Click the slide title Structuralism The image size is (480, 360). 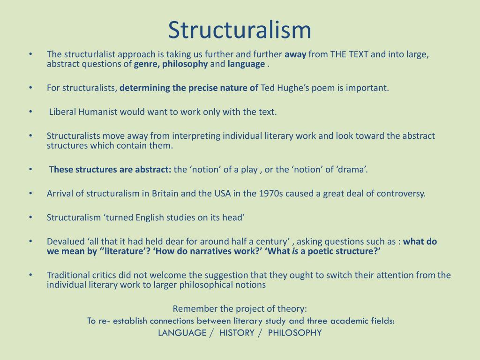(240, 30)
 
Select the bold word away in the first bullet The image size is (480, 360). (295, 54)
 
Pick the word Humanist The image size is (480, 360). (97, 112)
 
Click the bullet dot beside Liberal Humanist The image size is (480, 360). (30, 112)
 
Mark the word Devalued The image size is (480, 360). (65, 241)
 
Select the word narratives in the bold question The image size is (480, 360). (206, 252)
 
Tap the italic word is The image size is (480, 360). (295, 252)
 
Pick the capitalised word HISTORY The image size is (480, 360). (237, 333)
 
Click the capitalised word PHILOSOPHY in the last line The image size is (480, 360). (295, 333)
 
